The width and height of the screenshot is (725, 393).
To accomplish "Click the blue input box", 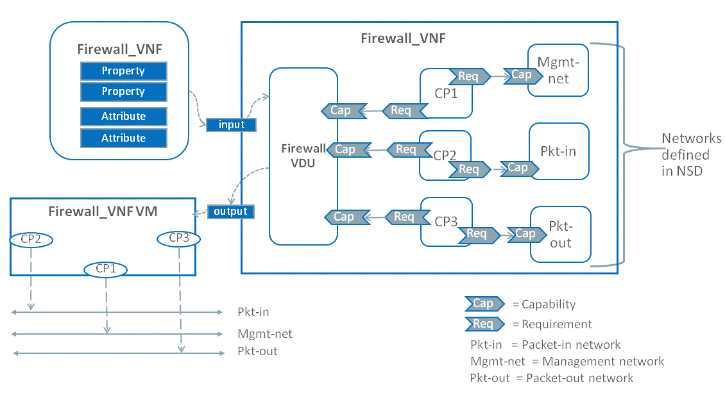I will click(232, 124).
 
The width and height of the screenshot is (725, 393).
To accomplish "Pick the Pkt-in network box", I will click(558, 152).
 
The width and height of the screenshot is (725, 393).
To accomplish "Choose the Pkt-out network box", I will click(560, 235).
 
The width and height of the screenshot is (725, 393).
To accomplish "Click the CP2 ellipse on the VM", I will click(31, 238).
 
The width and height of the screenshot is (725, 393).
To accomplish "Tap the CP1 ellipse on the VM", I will click(105, 269).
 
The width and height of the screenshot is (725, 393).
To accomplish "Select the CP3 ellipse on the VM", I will click(179, 238).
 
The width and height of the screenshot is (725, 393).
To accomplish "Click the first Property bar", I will click(123, 71).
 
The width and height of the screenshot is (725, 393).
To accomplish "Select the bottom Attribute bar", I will click(123, 138).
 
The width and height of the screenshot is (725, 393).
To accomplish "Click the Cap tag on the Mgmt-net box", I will click(522, 75).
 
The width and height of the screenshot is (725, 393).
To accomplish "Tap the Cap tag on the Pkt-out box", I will click(525, 234).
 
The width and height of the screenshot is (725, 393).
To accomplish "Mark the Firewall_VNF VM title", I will click(103, 211).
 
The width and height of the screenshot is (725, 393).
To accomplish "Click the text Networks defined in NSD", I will click(691, 155).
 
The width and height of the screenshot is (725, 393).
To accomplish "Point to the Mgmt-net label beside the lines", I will click(264, 333).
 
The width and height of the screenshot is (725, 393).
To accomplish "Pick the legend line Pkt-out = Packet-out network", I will click(552, 378).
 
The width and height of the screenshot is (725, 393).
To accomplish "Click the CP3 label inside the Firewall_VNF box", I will click(447, 222).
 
